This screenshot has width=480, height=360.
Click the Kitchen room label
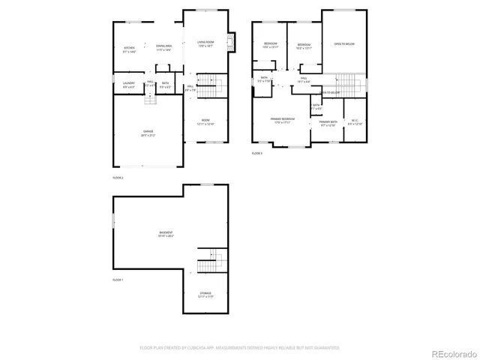coord(129,49)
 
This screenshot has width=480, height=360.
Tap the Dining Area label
coord(163,48)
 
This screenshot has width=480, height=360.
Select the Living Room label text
coord(205,43)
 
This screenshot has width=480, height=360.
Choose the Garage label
coord(148,134)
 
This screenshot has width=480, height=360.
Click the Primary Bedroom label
coord(283,120)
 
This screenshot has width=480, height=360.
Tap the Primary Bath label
coord(328,123)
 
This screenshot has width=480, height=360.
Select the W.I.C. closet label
coord(355,123)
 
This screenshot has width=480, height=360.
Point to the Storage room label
coord(205,294)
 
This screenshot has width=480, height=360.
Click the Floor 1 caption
coord(118,280)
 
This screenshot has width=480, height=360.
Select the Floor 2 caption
coord(118,178)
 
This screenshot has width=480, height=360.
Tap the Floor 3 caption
coord(257,153)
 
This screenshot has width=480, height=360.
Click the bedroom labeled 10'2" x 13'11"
coord(304,46)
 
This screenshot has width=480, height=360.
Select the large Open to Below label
coord(344,44)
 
